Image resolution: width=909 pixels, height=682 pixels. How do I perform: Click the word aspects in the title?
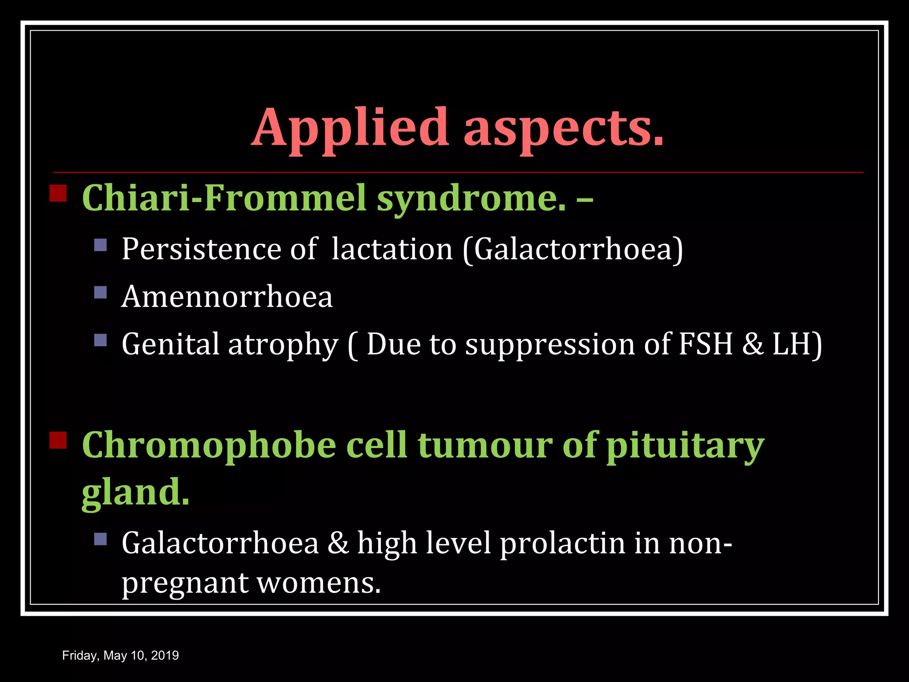pyautogui.click(x=564, y=129)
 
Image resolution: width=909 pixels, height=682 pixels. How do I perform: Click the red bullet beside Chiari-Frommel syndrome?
pyautogui.click(x=58, y=194)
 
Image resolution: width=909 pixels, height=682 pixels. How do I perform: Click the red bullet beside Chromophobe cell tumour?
pyautogui.click(x=58, y=440)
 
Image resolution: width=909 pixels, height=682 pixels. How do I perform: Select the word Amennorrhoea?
pyautogui.click(x=227, y=296)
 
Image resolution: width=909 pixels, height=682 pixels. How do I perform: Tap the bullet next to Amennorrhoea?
pyautogui.click(x=101, y=292)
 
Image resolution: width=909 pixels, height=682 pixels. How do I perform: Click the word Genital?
pyautogui.click(x=170, y=344)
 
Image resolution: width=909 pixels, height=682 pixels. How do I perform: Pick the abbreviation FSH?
pyautogui.click(x=705, y=344)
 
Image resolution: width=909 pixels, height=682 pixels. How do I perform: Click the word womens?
pyautogui.click(x=319, y=583)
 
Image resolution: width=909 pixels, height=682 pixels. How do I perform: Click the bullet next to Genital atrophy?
pyautogui.click(x=101, y=340)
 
